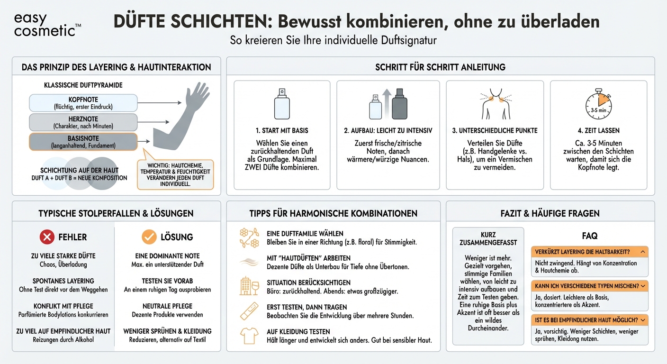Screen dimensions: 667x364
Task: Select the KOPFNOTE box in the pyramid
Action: click(x=83, y=103)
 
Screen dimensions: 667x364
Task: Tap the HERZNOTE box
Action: click(x=83, y=122)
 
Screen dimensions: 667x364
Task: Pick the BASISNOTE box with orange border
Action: click(x=83, y=141)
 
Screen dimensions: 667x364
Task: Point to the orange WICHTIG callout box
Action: click(x=175, y=174)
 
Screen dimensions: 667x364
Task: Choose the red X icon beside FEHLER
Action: click(x=47, y=237)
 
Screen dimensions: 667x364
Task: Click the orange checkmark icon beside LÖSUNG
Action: click(x=149, y=237)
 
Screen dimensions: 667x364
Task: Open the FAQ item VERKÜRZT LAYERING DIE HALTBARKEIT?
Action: click(x=589, y=252)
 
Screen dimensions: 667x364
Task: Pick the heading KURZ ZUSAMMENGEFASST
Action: click(x=488, y=238)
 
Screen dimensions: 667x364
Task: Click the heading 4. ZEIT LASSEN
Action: click(x=598, y=130)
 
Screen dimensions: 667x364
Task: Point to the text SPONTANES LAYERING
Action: click(x=63, y=281)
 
